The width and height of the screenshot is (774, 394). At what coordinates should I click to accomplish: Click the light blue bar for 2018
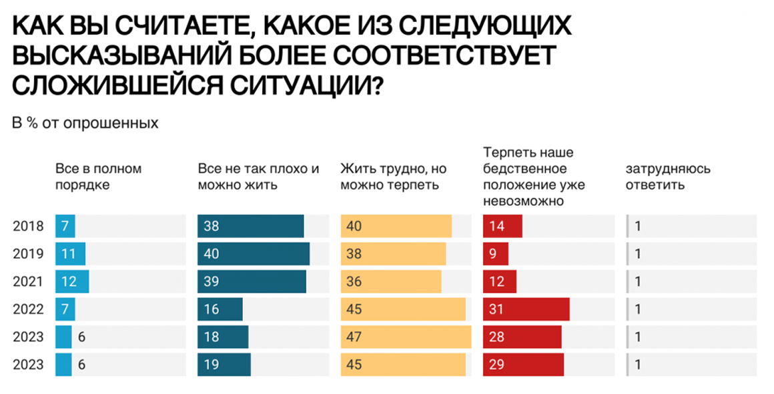(x=65, y=226)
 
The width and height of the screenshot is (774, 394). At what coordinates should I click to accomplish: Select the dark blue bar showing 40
(x=253, y=254)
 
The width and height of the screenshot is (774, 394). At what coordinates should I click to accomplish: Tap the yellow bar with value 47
(x=406, y=337)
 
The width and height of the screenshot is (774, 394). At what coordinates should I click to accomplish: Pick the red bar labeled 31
(x=526, y=309)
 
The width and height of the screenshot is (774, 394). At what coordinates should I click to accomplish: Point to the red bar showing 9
(x=495, y=254)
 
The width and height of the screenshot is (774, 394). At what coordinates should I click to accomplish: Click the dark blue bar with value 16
(x=220, y=309)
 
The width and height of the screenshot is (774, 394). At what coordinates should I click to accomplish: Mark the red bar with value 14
(x=502, y=226)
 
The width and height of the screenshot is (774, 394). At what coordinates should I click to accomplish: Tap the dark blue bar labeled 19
(x=224, y=365)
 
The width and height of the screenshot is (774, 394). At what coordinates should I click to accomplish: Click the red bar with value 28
(x=522, y=337)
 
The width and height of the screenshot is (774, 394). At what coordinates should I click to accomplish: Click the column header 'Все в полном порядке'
(x=98, y=177)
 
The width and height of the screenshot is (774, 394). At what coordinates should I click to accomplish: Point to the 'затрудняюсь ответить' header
(x=667, y=177)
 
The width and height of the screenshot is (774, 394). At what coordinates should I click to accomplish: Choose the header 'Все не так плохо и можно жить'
(x=259, y=177)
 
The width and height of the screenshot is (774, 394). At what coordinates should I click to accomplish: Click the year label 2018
(x=28, y=226)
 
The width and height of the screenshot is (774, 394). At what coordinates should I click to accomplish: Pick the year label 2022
(x=28, y=309)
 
